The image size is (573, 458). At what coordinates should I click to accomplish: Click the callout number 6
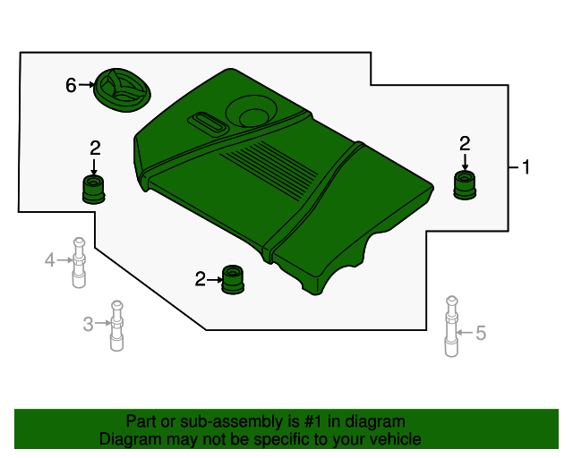pyautogui.click(x=71, y=86)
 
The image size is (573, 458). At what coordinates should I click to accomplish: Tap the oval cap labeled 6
pyautogui.click(x=123, y=89)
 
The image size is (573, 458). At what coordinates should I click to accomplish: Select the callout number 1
pyautogui.click(x=526, y=166)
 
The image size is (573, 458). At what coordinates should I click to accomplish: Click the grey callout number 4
pyautogui.click(x=50, y=260)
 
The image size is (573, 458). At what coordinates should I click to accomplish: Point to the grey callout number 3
pyautogui.click(x=88, y=324)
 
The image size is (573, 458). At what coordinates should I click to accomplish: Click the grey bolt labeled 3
pyautogui.click(x=115, y=327)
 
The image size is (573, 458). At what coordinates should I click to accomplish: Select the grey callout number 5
pyautogui.click(x=481, y=334)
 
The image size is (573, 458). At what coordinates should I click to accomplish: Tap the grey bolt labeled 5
pyautogui.click(x=451, y=327)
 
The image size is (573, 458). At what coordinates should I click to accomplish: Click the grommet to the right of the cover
pyautogui.click(x=465, y=186)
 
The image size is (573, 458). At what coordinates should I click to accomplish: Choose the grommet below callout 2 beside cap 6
pyautogui.click(x=94, y=189)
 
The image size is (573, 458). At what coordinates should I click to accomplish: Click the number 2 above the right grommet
pyautogui.click(x=465, y=143)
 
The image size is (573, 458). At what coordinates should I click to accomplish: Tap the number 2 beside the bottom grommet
pyautogui.click(x=200, y=280)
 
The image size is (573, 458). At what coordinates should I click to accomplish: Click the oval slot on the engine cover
pyautogui.click(x=208, y=122)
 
